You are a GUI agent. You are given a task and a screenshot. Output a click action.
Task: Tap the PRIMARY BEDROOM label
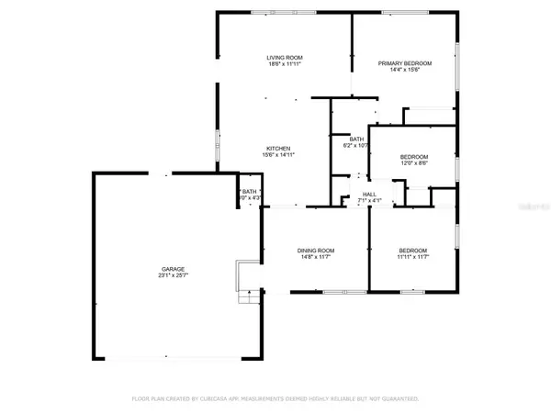404,63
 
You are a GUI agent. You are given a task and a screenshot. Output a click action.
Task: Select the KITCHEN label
278,149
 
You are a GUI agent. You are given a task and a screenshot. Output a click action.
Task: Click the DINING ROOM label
314,251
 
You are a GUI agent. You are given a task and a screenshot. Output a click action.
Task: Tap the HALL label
369,195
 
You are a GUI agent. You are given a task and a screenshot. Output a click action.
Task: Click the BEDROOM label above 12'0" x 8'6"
413,157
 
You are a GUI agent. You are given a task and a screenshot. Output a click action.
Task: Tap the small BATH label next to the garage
249,191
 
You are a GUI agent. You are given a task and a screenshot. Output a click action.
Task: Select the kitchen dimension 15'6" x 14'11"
278,156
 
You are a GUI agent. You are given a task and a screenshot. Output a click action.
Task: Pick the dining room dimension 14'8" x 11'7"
314,258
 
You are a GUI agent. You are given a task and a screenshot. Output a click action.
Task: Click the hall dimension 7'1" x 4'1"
369,201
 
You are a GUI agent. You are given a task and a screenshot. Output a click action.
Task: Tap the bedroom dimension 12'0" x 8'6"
413,164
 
